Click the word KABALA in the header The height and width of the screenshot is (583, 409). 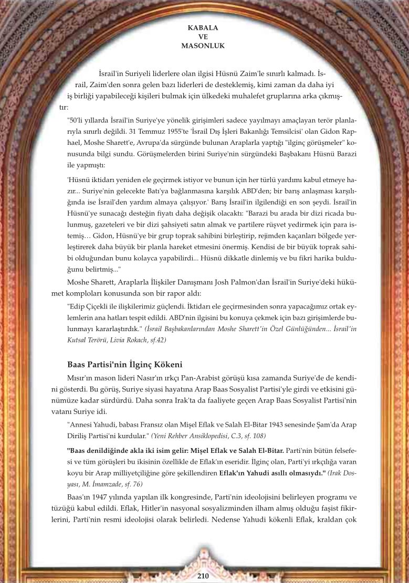[x=203, y=27]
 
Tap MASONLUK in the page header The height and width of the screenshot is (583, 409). [x=203, y=46]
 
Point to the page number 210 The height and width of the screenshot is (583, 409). [x=204, y=576]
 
